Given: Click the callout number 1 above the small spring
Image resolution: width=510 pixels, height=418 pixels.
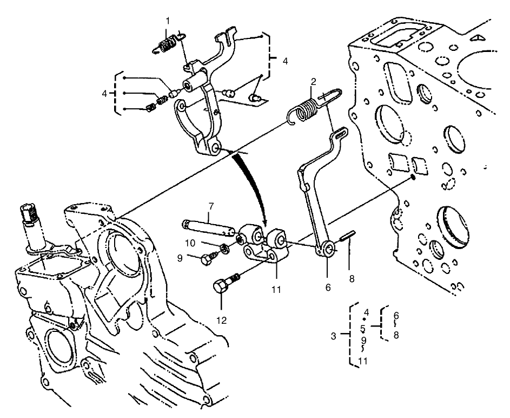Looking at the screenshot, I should coord(168,21).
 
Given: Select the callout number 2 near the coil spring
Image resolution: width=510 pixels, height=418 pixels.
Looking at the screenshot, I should coord(313,82).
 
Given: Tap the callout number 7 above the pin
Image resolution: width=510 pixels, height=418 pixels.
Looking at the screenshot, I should coord(211,206).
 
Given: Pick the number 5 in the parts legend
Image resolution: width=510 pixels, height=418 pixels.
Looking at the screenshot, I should coord(362,328).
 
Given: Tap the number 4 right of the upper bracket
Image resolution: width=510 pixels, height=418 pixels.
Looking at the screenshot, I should coord(285,61).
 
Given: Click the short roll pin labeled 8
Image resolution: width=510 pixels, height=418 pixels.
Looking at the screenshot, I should coord(347,238).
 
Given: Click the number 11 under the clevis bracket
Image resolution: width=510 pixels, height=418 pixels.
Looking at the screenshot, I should coord(276,290).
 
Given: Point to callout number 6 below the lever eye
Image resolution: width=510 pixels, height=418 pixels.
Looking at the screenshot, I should coord(327,288).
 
